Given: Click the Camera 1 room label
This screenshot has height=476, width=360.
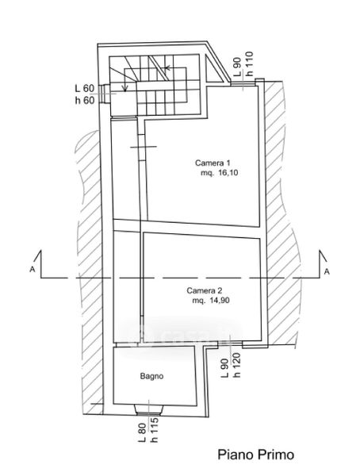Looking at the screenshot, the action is coord(213,163).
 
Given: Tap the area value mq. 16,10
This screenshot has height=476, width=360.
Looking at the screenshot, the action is coord(219,173).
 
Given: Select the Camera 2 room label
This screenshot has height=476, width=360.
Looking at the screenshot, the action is coord(205,290).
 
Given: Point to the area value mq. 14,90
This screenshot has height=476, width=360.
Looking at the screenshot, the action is coord(211,301).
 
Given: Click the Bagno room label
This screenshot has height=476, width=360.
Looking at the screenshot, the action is coord(151,376).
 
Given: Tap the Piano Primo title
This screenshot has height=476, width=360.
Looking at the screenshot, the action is coord(256,455).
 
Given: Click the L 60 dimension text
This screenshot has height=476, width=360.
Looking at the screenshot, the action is coord(85,89).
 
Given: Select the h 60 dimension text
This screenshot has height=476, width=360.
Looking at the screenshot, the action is coord(85,100).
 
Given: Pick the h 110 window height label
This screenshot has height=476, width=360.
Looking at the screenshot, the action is coord(250,63).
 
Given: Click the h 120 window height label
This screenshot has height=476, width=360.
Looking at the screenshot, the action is coord(236,365).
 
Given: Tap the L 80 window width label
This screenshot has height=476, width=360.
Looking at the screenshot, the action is coord(143,433).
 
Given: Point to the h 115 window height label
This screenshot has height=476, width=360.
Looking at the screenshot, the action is coord(154,430).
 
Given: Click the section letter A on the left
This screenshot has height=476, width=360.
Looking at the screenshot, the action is coord(32,269).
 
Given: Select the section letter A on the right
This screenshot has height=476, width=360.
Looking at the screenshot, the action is coord(327,271).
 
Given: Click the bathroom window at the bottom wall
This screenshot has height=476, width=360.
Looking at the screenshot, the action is coord(149,410).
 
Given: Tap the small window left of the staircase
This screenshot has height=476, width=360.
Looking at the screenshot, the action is coord(104,94).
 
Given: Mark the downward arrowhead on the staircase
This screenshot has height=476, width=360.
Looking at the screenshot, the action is coord(124,88).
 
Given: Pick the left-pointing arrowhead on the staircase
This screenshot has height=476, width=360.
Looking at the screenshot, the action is coord(167,67).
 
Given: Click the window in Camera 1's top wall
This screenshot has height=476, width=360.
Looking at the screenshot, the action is coord(242,83).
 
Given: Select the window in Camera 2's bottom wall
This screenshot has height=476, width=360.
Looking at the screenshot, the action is coord(231,344).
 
